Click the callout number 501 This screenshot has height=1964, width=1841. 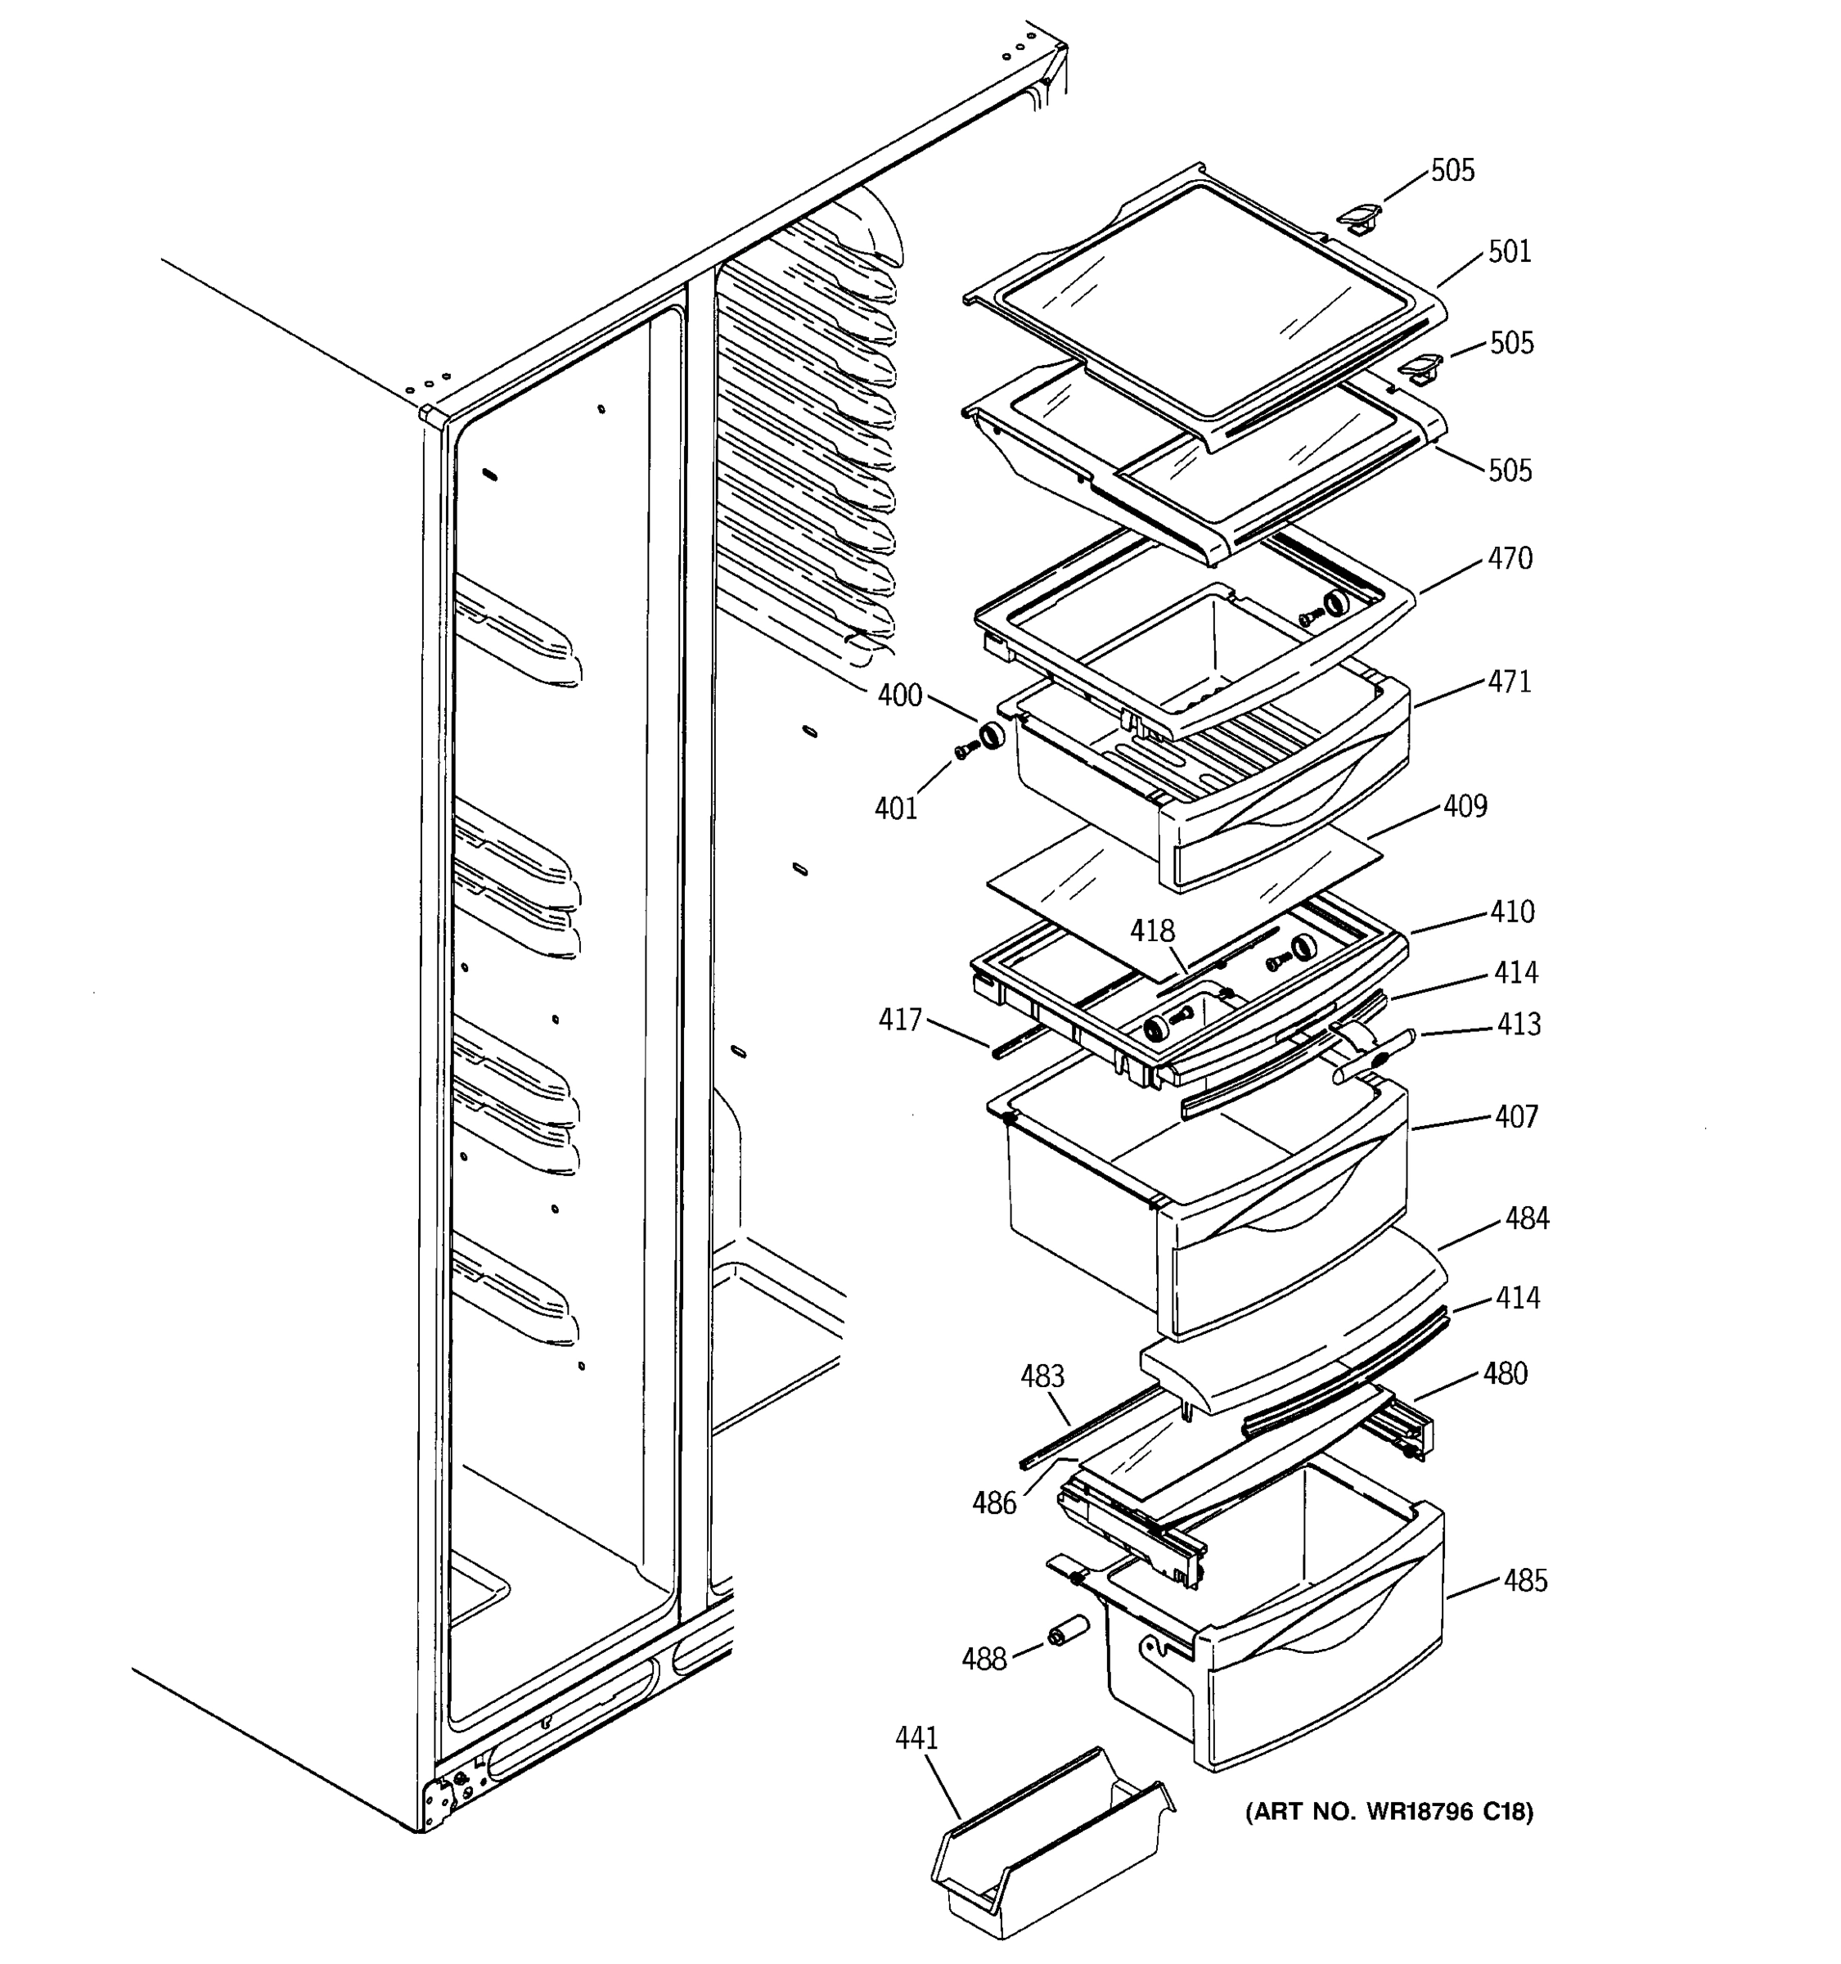click(x=1509, y=252)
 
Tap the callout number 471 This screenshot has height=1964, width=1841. click(x=1509, y=682)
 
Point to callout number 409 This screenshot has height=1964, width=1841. click(x=1465, y=807)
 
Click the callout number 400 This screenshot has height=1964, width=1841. click(x=900, y=696)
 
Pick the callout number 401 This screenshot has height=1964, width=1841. click(x=896, y=809)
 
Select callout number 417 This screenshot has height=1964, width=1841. click(x=900, y=1020)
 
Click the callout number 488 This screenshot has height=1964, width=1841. click(x=984, y=1659)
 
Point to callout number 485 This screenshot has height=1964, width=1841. click(x=1525, y=1581)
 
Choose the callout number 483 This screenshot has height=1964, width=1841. click(x=1042, y=1376)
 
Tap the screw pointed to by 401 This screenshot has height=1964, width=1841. click(x=964, y=753)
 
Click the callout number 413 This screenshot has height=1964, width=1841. click(x=1518, y=1025)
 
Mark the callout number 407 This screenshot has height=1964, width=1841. click(x=1516, y=1117)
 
